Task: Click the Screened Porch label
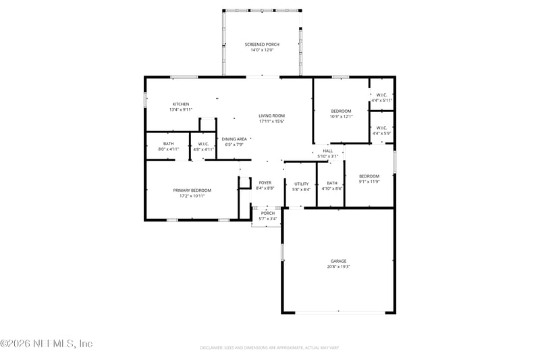262,45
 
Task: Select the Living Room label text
271,115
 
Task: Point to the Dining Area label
234,139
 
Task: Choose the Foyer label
265,182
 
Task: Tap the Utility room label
301,184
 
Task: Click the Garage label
338,261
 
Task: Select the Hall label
327,151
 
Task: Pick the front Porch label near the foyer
268,213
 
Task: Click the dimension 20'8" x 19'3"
338,267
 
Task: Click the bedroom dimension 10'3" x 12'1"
341,116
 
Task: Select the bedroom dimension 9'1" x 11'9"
369,182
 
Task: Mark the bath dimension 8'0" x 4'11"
168,149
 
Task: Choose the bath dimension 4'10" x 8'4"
332,189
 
